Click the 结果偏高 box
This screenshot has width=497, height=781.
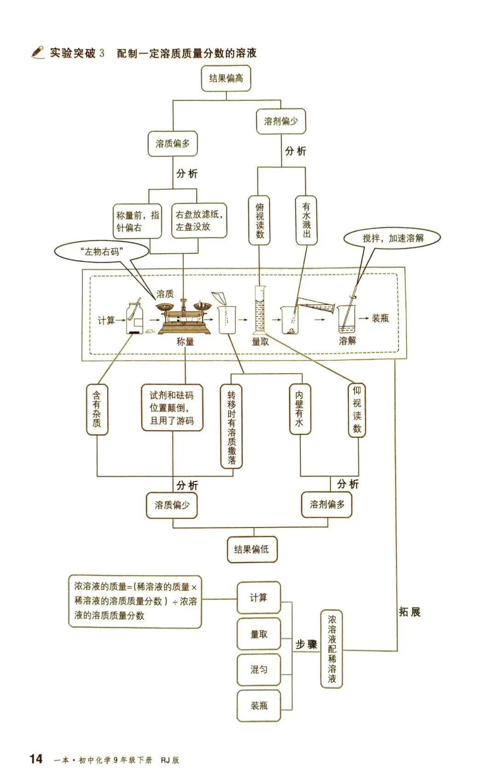point(226,78)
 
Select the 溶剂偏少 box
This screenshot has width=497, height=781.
point(281,121)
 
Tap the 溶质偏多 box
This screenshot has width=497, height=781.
point(173,144)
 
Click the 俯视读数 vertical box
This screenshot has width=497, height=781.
point(260,220)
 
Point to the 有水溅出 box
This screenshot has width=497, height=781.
point(306,220)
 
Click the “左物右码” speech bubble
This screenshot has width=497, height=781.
point(102,252)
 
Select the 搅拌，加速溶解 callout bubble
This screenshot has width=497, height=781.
point(393,238)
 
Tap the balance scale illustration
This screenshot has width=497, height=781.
point(185,317)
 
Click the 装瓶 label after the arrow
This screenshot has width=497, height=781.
point(380,318)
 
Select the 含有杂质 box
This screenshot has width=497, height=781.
point(97,409)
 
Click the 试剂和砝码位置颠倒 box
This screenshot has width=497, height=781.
point(172,408)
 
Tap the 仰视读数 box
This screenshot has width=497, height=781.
point(357,410)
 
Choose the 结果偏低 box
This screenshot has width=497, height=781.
point(252,549)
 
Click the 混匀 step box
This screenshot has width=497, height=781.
point(259,670)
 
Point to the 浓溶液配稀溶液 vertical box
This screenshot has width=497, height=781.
point(332,649)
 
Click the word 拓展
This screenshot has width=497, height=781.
point(409,612)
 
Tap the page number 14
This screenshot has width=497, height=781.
point(36,759)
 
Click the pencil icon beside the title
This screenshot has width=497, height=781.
point(37,52)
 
